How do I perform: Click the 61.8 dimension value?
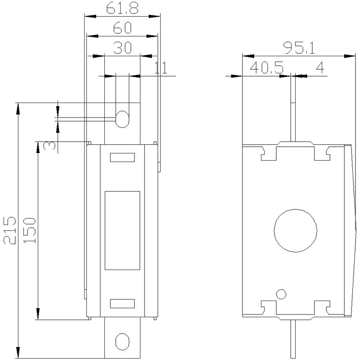pos(122,9)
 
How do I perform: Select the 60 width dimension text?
pos(122,27)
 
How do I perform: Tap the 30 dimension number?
pos(122,48)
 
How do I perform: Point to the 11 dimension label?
pos(161,67)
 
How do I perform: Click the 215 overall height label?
pos(9,230)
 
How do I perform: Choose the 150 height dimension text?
pos(29,230)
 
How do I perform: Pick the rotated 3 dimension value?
pos(49,146)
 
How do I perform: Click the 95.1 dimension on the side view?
pos(299,48)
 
